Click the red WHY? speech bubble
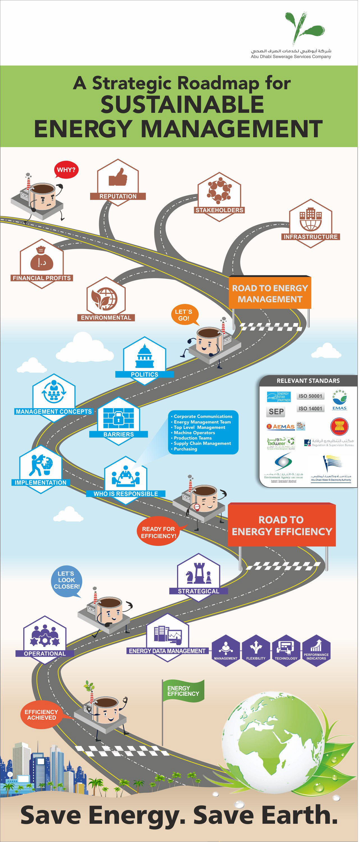click(66, 170)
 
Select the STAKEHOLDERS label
click(219, 210)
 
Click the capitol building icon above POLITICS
click(145, 357)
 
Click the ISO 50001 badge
click(310, 396)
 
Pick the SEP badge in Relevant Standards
click(276, 411)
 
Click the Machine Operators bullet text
click(194, 433)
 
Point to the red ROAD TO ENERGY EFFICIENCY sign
click(282, 525)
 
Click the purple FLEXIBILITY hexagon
click(256, 651)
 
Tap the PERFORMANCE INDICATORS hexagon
click(316, 651)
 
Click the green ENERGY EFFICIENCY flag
click(183, 691)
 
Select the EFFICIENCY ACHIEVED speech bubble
click(42, 715)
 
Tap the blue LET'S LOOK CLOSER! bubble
click(66, 580)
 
